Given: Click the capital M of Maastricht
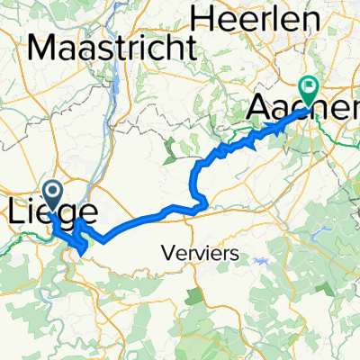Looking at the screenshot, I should pyautogui.click(x=42, y=48).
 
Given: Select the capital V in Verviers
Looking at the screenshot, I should pyautogui.click(x=169, y=255).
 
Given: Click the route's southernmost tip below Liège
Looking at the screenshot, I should pyautogui.click(x=83, y=253).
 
